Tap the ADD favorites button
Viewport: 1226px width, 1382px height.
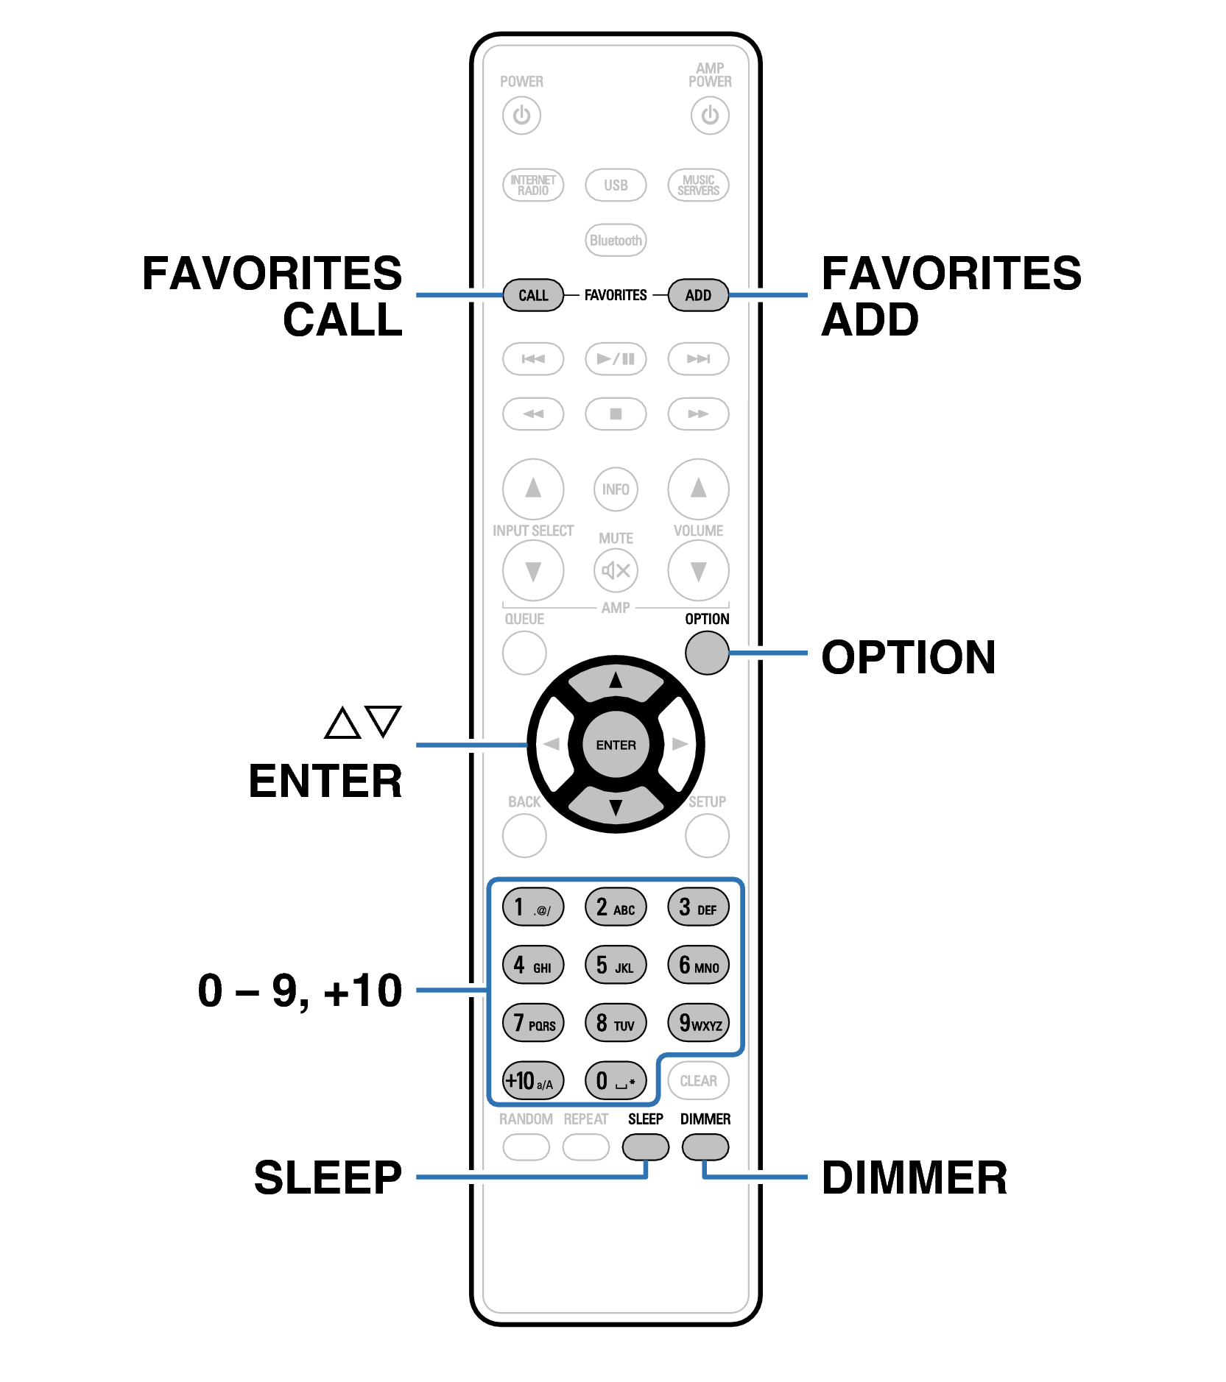[697, 295]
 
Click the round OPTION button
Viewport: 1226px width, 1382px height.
[706, 652]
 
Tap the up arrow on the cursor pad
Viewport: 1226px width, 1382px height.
[616, 681]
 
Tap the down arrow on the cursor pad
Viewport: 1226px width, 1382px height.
[616, 808]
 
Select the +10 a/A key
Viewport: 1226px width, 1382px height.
[532, 1080]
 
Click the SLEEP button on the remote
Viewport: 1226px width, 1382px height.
[645, 1147]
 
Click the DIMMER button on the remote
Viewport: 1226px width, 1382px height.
[705, 1147]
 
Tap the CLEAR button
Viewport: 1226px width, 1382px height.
[697, 1080]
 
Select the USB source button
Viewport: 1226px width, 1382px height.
[616, 185]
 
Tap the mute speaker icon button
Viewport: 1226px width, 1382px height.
[616, 570]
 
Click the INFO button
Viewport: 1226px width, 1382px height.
[616, 489]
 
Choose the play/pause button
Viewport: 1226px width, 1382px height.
[616, 359]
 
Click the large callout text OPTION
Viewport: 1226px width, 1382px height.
[908, 656]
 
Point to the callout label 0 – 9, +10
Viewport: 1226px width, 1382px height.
[300, 991]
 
